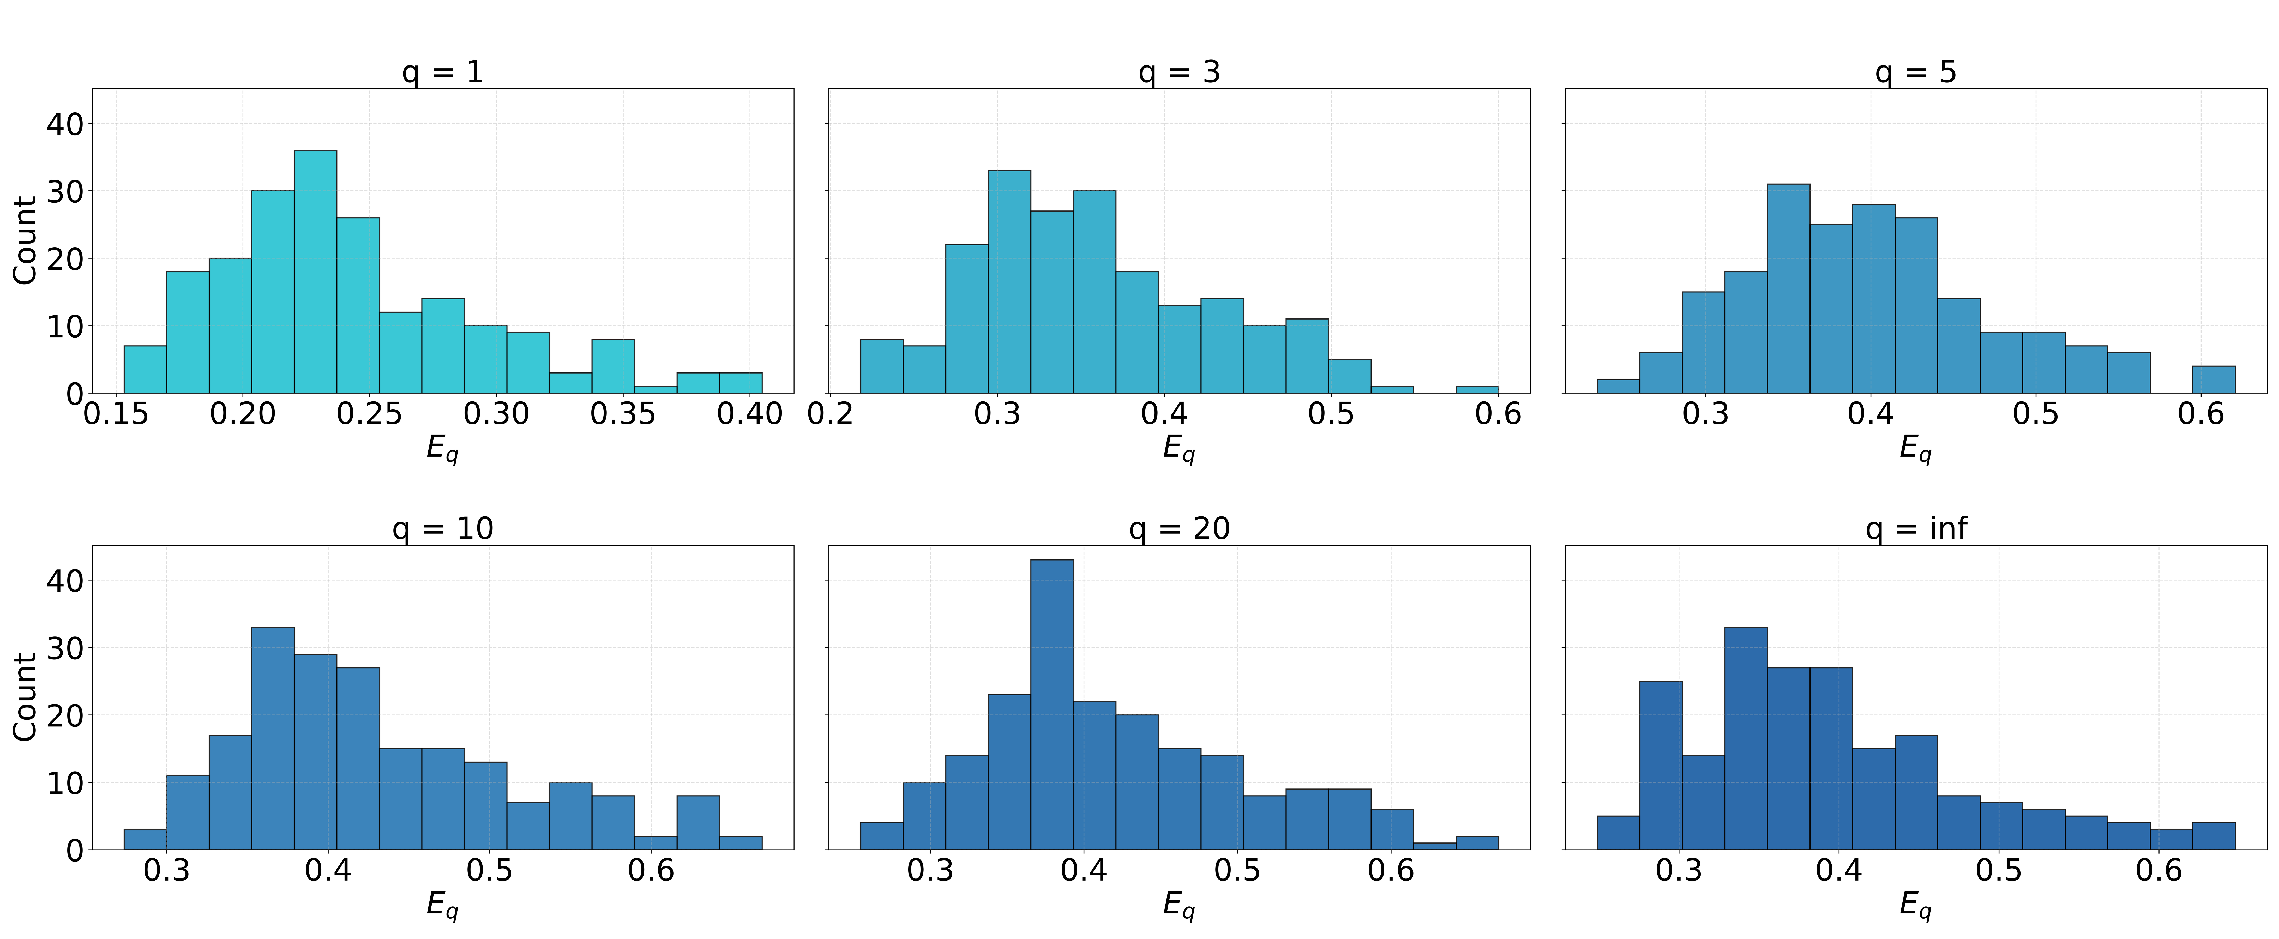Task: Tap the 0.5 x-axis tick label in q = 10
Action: [x=489, y=871]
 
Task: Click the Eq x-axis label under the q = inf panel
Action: [x=1916, y=905]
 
